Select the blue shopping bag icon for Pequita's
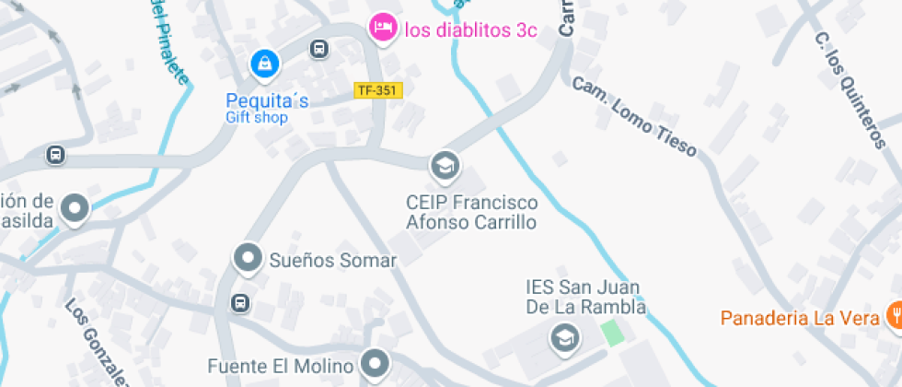point(265,64)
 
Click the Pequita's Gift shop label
point(267,108)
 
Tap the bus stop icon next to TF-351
point(319,49)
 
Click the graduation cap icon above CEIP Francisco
point(445,166)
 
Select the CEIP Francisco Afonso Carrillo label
point(472,212)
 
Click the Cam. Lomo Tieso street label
point(634,114)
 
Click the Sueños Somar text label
point(332,261)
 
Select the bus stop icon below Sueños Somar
point(240,302)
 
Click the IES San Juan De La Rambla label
point(585,298)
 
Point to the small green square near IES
point(609,332)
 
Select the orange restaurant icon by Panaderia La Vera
point(893,318)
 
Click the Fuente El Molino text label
point(281,366)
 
